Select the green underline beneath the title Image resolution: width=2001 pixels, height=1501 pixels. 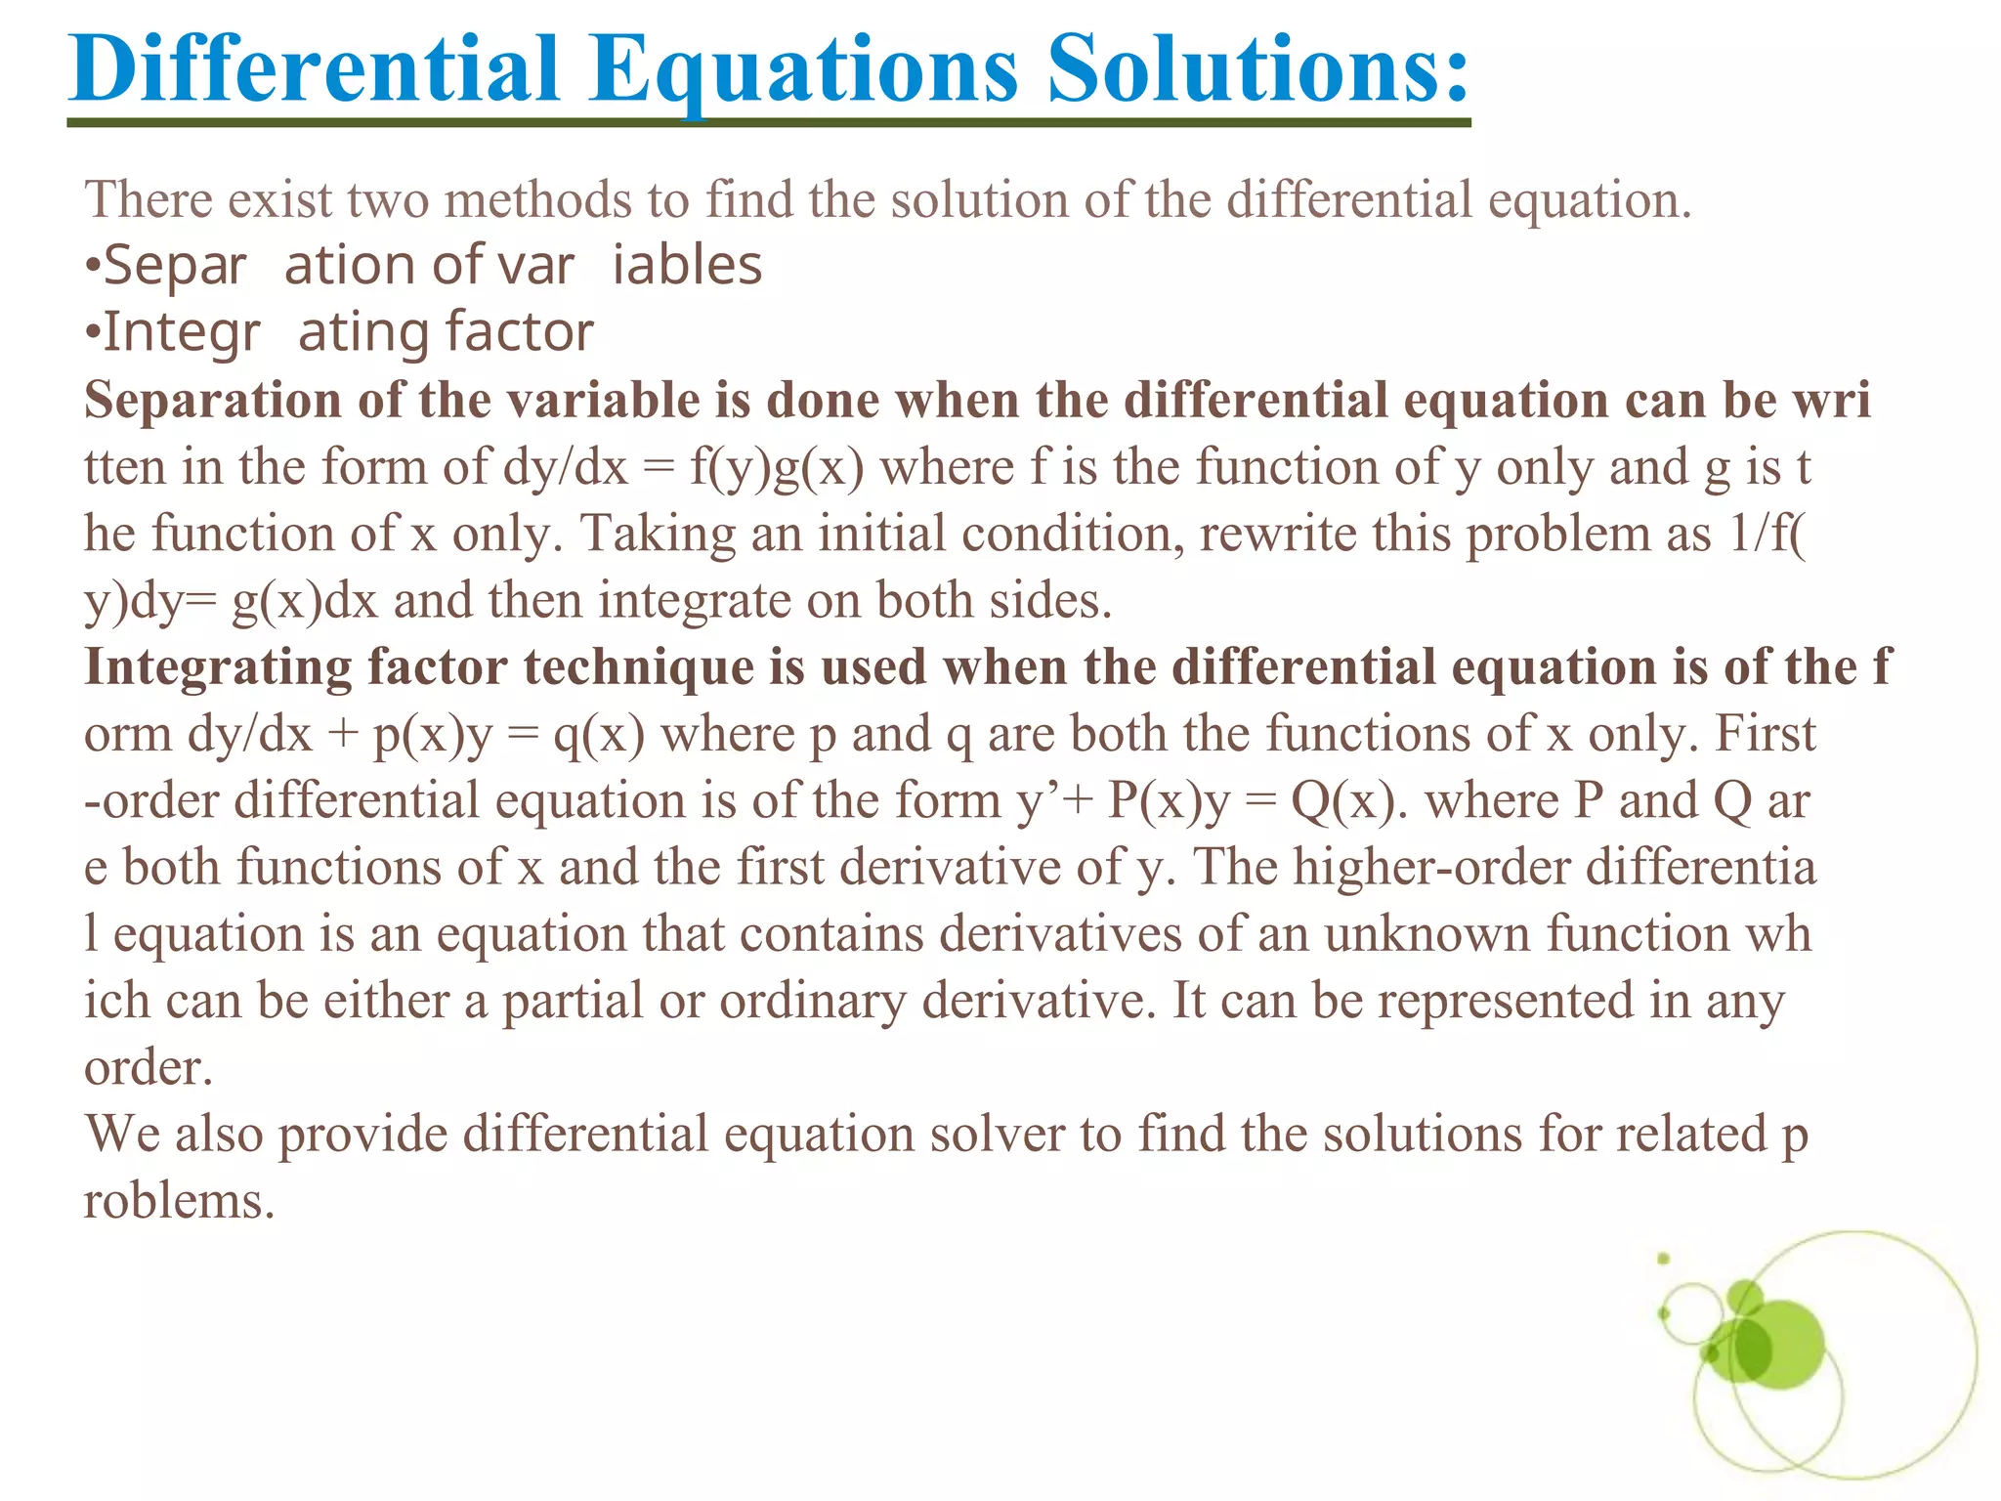click(x=768, y=122)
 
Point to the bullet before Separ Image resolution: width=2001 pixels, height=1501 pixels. click(x=92, y=266)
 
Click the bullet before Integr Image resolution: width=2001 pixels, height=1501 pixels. click(x=92, y=333)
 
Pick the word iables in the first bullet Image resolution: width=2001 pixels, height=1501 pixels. click(x=687, y=266)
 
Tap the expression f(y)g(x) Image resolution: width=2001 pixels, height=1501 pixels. click(x=777, y=466)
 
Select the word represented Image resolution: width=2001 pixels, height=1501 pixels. click(x=1506, y=1001)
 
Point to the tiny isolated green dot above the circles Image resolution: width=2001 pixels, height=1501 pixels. click(x=1663, y=1259)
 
